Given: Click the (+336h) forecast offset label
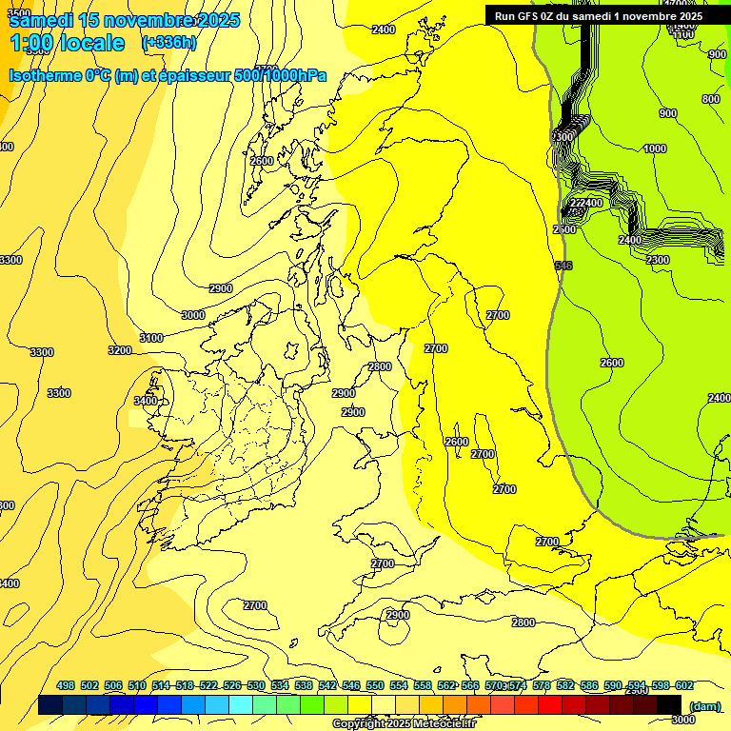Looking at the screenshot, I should [x=170, y=43].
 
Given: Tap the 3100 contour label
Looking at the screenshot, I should [x=150, y=338].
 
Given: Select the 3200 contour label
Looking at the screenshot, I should [x=120, y=350].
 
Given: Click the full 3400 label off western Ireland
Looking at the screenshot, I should [x=146, y=401].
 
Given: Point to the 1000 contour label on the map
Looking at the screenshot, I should [x=655, y=148].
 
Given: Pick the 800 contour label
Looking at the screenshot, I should [x=711, y=100].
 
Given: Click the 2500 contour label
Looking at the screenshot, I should [x=564, y=229].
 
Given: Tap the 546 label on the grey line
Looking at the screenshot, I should [x=563, y=266].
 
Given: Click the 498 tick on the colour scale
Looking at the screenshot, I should [x=66, y=685].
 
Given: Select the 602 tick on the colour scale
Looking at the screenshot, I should [x=684, y=685].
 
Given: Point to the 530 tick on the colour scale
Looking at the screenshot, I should [x=256, y=685].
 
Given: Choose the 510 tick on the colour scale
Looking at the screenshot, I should [x=137, y=685].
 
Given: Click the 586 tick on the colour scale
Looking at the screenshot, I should [x=589, y=685].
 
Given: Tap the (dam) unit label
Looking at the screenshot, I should [x=704, y=705].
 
